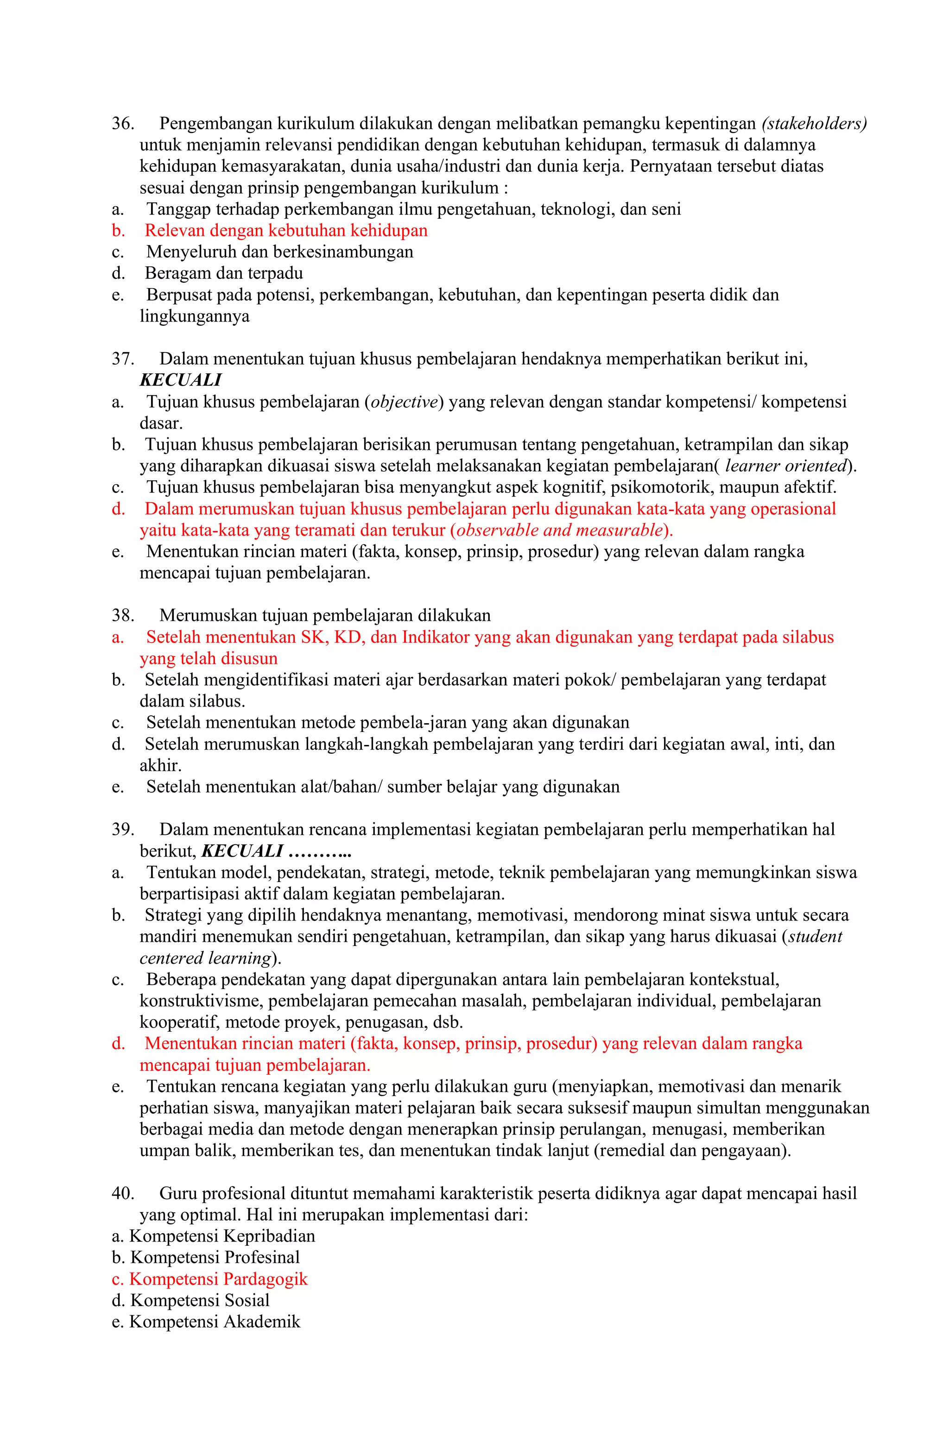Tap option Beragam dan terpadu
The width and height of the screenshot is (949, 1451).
(224, 274)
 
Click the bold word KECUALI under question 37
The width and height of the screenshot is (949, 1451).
(181, 381)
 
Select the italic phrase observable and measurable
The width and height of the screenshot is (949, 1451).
(559, 530)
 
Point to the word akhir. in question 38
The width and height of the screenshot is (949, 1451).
(160, 766)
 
